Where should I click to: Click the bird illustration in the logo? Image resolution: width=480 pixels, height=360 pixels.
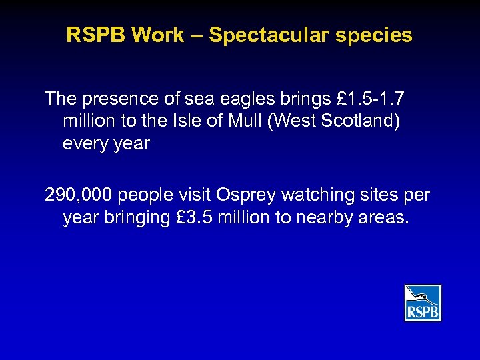tap(423, 295)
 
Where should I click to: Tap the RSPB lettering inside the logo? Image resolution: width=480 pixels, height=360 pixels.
tap(423, 311)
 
